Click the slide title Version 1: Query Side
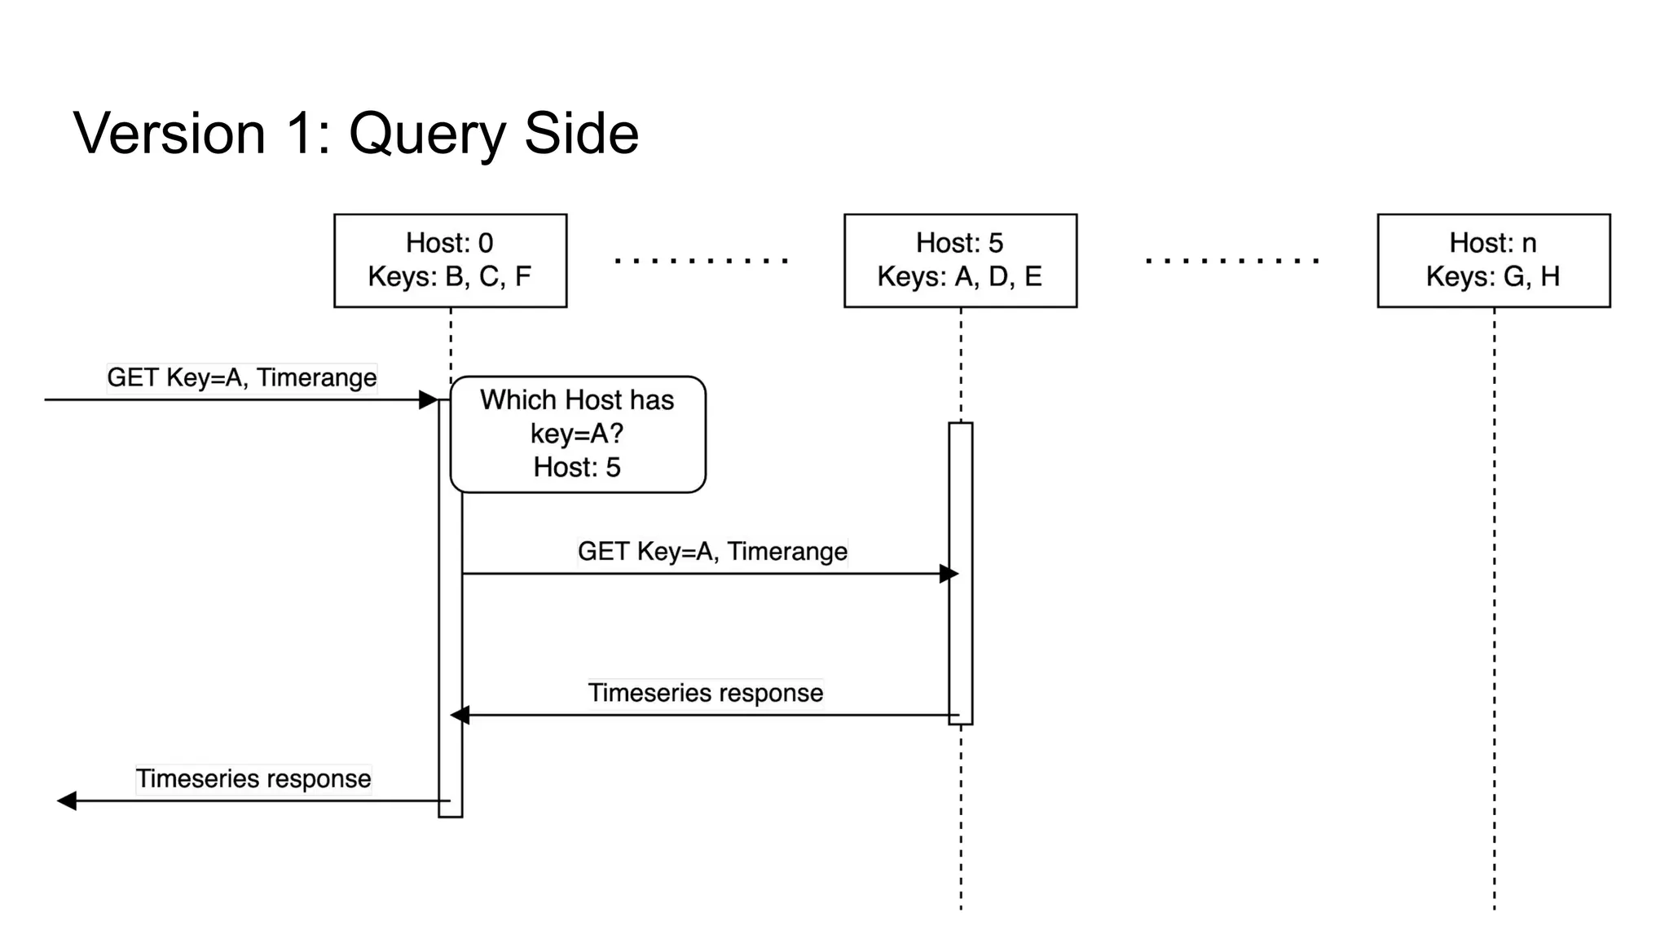point(356,134)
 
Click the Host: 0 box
point(450,260)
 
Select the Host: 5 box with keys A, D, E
point(960,260)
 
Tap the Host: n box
point(1493,260)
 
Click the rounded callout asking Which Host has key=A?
point(577,434)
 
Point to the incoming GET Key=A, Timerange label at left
point(241,378)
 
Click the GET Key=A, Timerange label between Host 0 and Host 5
point(712,552)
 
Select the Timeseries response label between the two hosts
point(706,693)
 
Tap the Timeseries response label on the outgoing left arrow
point(253,778)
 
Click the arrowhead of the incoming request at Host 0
point(428,399)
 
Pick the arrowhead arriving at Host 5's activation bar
point(948,574)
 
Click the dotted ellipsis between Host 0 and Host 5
point(701,261)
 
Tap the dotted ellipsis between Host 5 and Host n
point(1231,261)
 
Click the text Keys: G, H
point(1493,277)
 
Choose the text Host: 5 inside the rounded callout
point(577,468)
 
